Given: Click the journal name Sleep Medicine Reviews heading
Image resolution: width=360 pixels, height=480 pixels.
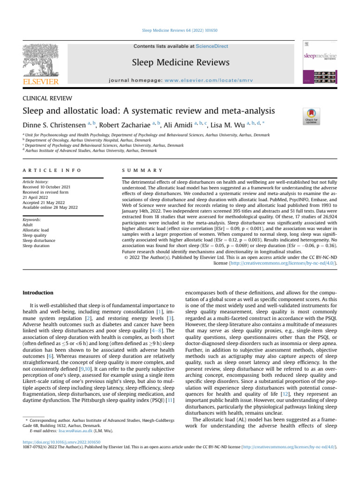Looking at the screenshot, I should tap(180, 62).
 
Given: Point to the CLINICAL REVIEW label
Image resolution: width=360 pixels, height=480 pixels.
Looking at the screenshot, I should tap(47, 97).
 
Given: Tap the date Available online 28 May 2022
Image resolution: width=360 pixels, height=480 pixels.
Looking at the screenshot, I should tap(50, 207).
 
